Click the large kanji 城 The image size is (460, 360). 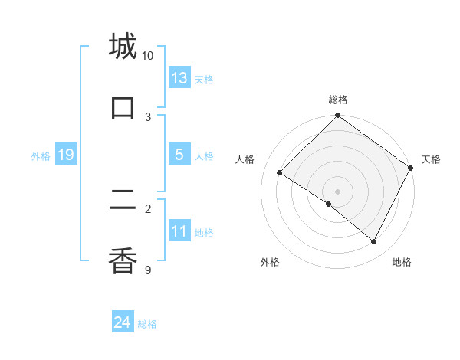[x=123, y=47]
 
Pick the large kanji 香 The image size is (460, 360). [x=123, y=260]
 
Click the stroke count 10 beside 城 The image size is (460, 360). [x=148, y=56]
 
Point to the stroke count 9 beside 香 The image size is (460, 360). [x=148, y=270]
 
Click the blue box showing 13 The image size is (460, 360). [x=179, y=78]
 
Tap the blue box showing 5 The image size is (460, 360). [x=179, y=155]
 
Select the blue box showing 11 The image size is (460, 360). [x=179, y=231]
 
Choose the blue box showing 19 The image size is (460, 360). [x=65, y=155]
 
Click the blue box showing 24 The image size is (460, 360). [x=123, y=323]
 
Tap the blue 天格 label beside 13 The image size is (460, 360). [x=204, y=80]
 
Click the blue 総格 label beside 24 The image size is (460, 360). [x=147, y=325]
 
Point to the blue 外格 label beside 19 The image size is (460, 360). [x=41, y=156]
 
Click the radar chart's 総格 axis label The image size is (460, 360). [x=338, y=100]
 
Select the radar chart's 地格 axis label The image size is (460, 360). [x=402, y=262]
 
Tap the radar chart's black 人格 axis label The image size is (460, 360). [x=245, y=159]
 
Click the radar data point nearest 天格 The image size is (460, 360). [x=411, y=168]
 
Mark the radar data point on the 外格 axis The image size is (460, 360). [x=329, y=204]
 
